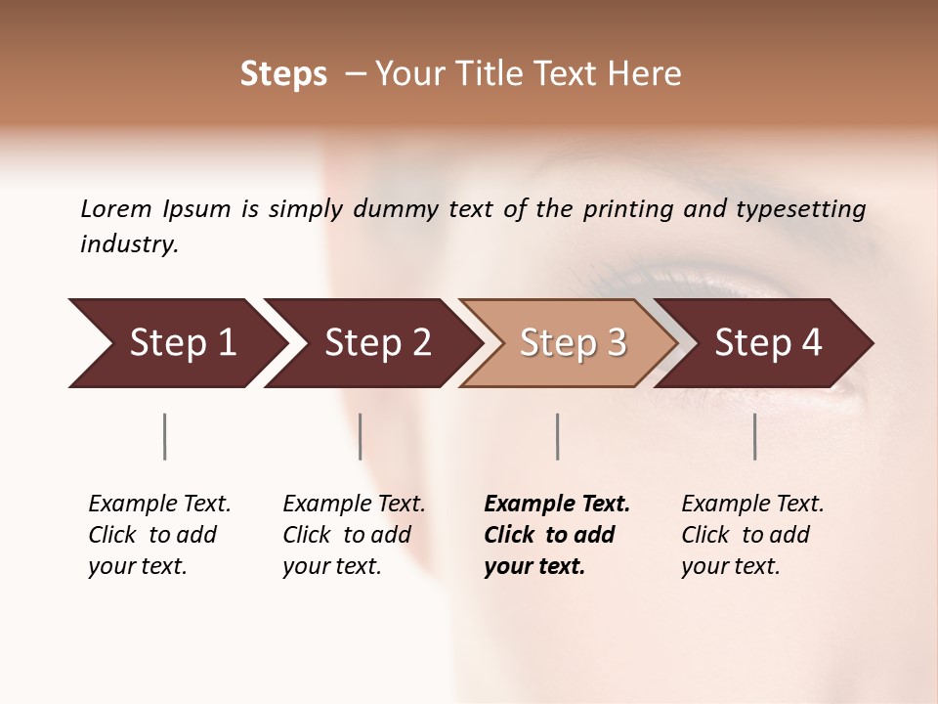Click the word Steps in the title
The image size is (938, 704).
[283, 74]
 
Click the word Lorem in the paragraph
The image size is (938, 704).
[116, 208]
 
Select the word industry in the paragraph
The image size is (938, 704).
[128, 244]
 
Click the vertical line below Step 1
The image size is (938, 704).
[165, 436]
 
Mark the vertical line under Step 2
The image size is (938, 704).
[361, 436]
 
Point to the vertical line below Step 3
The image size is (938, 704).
[557, 436]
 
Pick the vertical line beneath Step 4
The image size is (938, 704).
[755, 436]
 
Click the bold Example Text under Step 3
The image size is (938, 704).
[557, 505]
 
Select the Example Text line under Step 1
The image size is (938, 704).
[159, 505]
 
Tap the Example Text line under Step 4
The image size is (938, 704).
[752, 505]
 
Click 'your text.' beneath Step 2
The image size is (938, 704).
[332, 566]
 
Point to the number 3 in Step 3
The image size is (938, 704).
[616, 343]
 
